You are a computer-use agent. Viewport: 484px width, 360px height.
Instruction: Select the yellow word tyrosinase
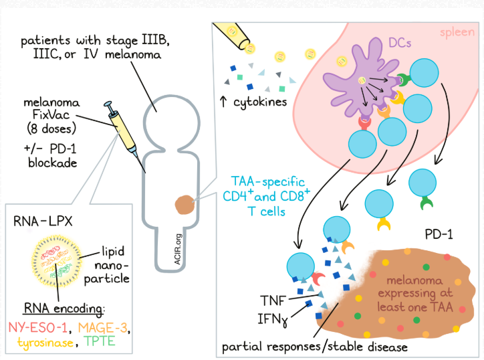tap(49, 342)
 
